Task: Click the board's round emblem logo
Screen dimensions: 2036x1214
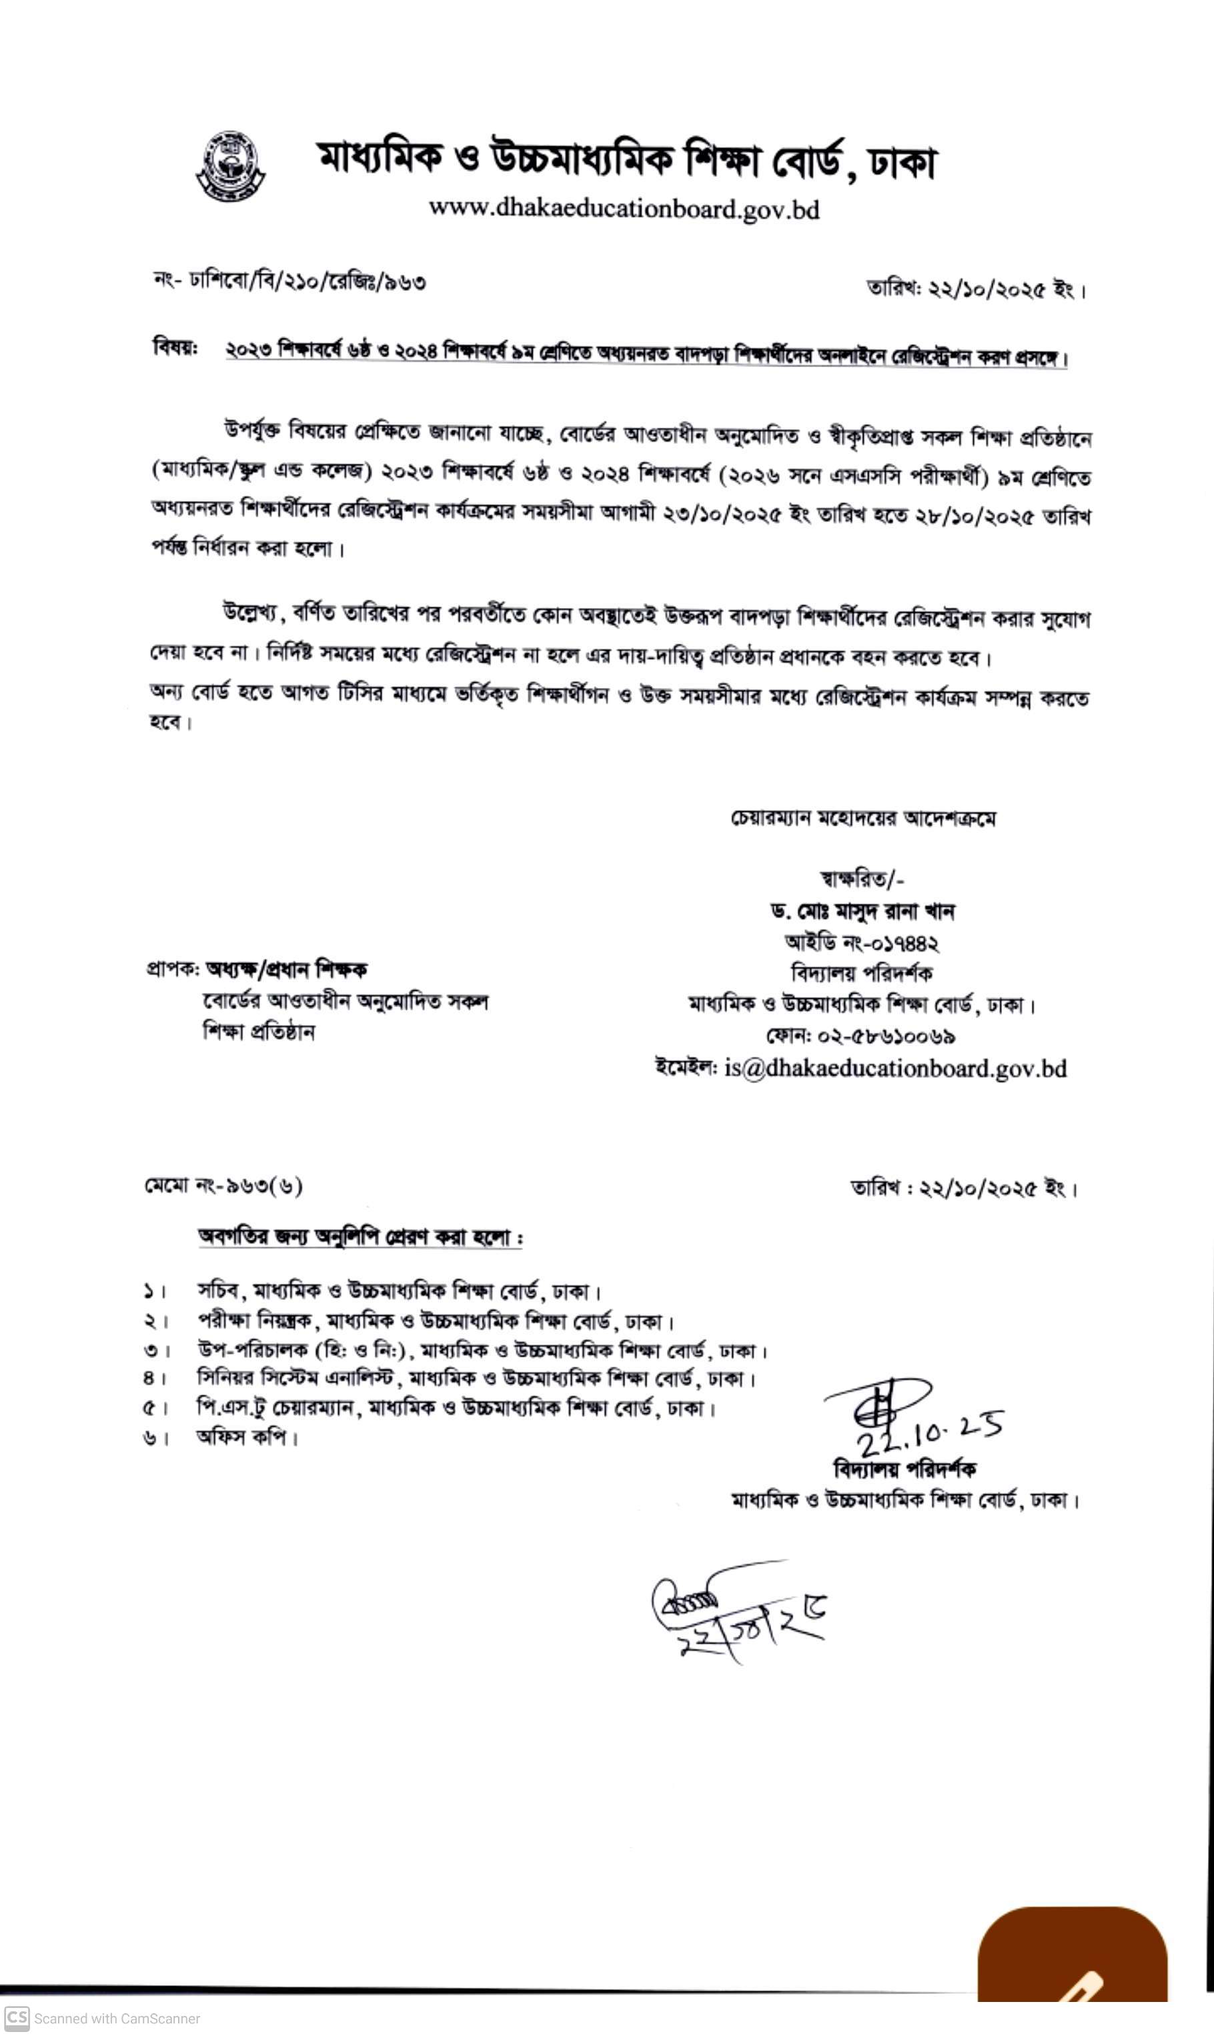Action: tap(231, 166)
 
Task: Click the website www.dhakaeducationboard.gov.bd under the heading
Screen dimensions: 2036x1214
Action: tap(624, 210)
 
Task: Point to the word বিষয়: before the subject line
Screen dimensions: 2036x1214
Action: tap(175, 348)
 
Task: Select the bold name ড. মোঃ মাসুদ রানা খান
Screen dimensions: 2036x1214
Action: tap(862, 911)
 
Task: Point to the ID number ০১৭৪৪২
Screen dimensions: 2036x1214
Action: tap(900, 943)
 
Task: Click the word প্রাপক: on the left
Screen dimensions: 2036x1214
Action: tap(173, 970)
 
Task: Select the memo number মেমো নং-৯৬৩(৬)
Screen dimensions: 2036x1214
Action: tap(223, 1186)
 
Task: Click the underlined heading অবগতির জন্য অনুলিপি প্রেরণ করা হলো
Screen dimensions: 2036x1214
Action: tap(360, 1237)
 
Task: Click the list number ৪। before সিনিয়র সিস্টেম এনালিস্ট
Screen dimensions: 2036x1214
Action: tap(155, 1379)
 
